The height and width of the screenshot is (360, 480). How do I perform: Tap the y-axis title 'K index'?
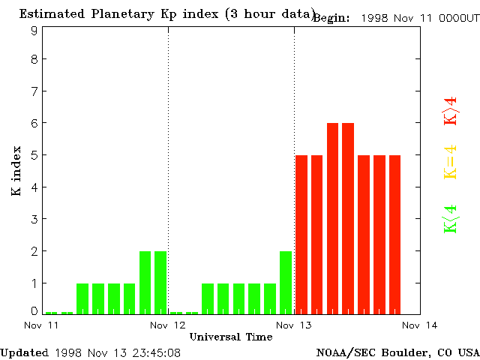point(16,172)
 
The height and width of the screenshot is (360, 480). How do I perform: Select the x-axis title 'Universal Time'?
point(230,337)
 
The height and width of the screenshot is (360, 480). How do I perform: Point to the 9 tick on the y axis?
point(34,31)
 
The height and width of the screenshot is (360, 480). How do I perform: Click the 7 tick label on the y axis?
point(34,91)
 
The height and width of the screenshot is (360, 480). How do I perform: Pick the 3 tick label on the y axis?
point(34,219)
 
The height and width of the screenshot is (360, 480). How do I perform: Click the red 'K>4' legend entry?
point(451,111)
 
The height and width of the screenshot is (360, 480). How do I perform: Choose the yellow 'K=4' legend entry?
point(451,163)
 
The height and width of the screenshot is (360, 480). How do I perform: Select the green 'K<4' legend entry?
point(451,219)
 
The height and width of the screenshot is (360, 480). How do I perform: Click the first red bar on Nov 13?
point(301,234)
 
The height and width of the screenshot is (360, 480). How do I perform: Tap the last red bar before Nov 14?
point(395,234)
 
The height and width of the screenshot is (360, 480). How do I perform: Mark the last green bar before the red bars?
point(286,282)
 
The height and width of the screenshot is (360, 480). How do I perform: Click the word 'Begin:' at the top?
point(331,18)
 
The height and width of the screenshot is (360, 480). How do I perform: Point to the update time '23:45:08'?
point(155,352)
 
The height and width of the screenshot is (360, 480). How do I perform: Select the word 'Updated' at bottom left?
point(24,352)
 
